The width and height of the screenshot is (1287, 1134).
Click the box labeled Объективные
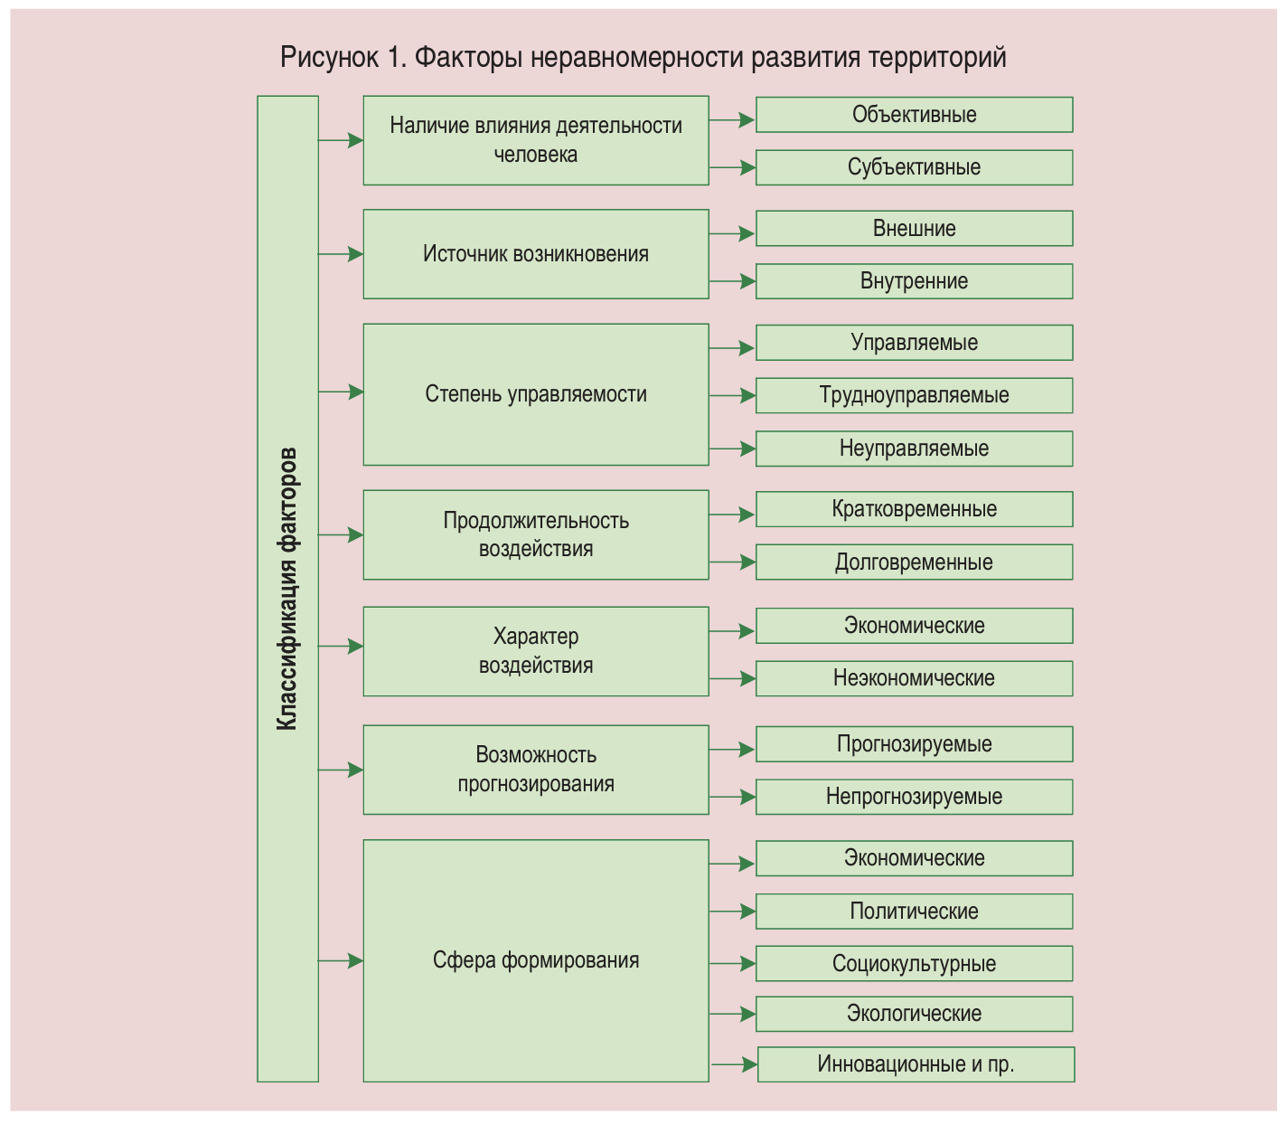tap(914, 115)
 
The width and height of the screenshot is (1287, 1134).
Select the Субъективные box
tap(914, 167)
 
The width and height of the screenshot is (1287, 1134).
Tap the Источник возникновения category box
tap(535, 254)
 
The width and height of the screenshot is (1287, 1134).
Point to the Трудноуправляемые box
tap(914, 395)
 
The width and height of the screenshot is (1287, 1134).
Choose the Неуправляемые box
tap(914, 449)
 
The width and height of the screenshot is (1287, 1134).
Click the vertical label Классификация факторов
tap(287, 589)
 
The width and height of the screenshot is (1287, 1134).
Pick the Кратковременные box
tap(914, 509)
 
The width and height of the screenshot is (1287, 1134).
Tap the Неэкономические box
tap(914, 678)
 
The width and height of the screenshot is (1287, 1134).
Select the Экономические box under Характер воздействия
tap(914, 626)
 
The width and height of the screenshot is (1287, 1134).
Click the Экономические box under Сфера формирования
tap(914, 858)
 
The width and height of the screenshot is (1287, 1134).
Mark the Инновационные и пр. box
tap(916, 1064)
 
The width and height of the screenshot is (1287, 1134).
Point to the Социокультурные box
tap(914, 964)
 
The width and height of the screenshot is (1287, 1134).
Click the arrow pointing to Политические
tap(732, 912)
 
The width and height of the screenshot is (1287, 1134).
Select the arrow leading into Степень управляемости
tap(341, 392)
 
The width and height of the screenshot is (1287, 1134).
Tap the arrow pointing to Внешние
tap(732, 234)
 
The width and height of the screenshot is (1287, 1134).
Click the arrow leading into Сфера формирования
tap(341, 960)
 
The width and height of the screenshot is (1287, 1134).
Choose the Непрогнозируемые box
tap(914, 797)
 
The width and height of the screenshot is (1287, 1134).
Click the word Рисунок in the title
tap(329, 57)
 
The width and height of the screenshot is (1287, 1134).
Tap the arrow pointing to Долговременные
tap(732, 562)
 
